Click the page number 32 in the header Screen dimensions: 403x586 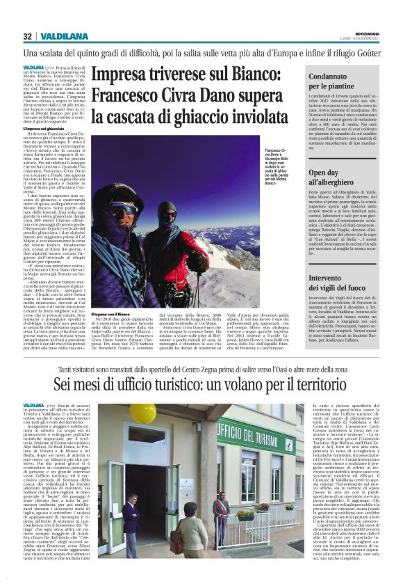(28, 36)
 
